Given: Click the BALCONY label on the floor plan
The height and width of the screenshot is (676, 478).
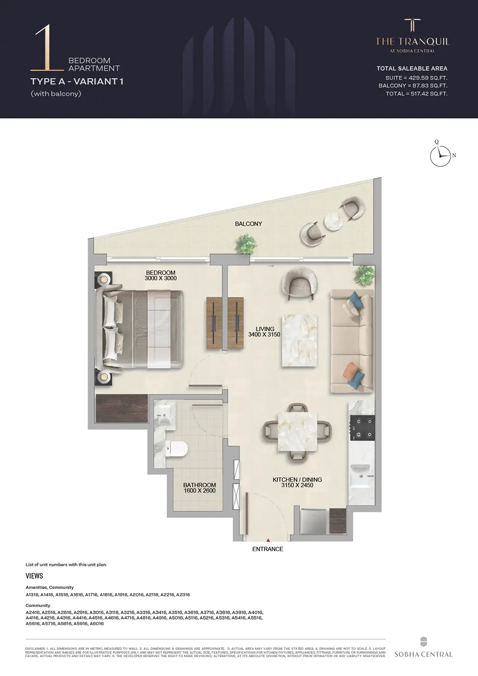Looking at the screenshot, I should (x=248, y=224).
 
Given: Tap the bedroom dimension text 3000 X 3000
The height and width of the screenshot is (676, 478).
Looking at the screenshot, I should (x=161, y=279).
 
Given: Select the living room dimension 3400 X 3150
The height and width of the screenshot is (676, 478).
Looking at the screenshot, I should (x=264, y=334).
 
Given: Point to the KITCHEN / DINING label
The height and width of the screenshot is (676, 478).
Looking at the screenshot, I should (x=297, y=480).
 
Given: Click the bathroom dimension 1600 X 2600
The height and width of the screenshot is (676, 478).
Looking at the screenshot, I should (x=199, y=490).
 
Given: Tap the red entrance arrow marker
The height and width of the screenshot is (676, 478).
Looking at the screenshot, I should (x=268, y=540).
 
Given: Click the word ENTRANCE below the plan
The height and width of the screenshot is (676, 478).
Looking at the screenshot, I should (x=268, y=549).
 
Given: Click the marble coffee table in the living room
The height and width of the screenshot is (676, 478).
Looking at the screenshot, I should (x=298, y=339).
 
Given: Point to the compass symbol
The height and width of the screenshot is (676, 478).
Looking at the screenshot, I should (x=440, y=155).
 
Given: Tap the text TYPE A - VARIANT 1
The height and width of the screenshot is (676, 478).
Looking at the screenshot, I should (x=77, y=81).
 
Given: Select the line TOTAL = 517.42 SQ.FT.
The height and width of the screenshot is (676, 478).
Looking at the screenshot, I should (x=416, y=94).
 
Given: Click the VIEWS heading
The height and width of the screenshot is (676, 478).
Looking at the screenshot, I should (x=34, y=576).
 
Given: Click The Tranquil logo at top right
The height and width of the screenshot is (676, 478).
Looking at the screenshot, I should (x=412, y=36).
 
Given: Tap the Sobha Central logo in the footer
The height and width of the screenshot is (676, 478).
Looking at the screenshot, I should (x=423, y=648).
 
